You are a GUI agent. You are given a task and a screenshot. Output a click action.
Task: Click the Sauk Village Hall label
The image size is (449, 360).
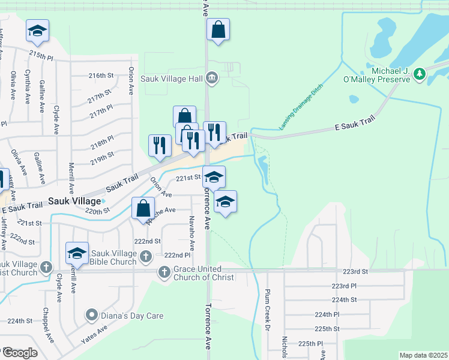(171, 78)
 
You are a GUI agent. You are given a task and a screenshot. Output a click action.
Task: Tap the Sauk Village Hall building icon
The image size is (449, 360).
(211, 78)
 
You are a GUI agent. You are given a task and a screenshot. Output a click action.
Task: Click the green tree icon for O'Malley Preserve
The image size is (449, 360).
(420, 74)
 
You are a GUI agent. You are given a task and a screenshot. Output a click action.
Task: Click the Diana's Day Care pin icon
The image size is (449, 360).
(91, 314)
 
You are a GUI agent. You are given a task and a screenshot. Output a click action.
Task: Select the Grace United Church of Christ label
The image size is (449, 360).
(205, 273)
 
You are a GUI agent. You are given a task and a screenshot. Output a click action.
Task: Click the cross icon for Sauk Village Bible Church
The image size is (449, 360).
(145, 257)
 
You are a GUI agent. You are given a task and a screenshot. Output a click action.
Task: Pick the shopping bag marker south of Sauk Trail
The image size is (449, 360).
(143, 209)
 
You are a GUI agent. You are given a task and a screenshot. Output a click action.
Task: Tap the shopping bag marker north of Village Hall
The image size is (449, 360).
(218, 29)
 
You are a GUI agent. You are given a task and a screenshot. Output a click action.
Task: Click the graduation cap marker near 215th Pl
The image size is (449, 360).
(38, 31)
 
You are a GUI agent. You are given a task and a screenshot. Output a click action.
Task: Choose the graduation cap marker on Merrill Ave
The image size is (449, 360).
(77, 253)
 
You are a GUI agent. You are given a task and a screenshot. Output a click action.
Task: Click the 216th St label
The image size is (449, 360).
(101, 76)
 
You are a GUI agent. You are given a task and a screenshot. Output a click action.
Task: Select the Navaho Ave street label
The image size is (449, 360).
(192, 233)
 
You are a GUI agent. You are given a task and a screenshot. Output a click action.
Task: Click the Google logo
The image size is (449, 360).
(20, 353)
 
